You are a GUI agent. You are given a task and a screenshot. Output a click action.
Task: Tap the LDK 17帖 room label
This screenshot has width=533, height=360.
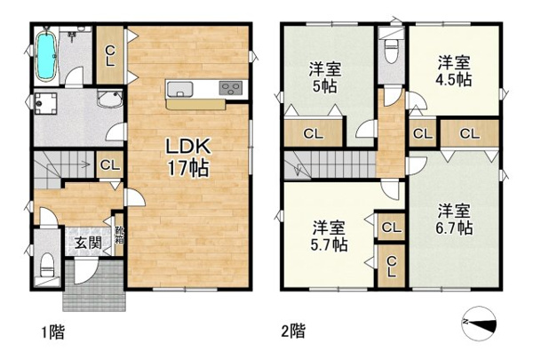pyautogui.click(x=188, y=156)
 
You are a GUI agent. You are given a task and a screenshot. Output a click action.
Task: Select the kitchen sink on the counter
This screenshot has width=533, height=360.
pyautogui.click(x=179, y=89)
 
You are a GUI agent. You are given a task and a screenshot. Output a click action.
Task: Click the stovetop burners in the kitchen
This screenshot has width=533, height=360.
pyautogui.click(x=231, y=89)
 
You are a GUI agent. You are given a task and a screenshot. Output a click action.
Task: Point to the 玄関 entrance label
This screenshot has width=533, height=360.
pyautogui.click(x=88, y=243)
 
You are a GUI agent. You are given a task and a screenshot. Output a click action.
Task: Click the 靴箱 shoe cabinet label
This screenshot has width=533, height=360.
pyautogui.click(x=119, y=235)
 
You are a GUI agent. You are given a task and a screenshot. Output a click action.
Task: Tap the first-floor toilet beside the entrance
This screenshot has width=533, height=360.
pyautogui.click(x=47, y=266)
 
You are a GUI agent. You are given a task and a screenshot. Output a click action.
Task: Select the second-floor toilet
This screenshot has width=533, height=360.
pyautogui.click(x=391, y=52)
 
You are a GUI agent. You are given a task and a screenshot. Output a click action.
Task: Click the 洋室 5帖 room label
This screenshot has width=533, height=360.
pyautogui.click(x=325, y=78)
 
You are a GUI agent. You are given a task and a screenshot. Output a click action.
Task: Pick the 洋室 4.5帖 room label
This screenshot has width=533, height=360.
pyautogui.click(x=454, y=71)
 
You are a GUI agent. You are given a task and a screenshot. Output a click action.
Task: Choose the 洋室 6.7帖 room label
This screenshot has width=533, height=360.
pyautogui.click(x=454, y=220)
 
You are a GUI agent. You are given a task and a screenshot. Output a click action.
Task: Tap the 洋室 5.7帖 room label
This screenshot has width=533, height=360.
pyautogui.click(x=329, y=236)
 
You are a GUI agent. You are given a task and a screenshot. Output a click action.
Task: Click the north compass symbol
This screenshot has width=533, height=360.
pyautogui.click(x=480, y=323)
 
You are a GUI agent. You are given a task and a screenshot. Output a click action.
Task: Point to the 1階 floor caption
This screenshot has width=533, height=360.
pyautogui.click(x=53, y=332)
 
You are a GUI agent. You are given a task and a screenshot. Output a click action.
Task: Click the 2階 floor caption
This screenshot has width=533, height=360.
pyautogui.click(x=293, y=331)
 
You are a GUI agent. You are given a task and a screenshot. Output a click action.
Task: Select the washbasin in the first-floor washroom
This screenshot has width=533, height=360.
pyautogui.click(x=109, y=99)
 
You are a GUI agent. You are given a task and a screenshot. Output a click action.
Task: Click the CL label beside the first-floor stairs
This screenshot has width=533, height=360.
pyautogui.click(x=110, y=165)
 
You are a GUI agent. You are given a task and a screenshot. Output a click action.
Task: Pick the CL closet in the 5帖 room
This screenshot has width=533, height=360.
pyautogui.click(x=313, y=133)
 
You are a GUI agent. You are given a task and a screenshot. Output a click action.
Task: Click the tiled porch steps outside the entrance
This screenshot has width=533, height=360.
pyautogui.click(x=94, y=286)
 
